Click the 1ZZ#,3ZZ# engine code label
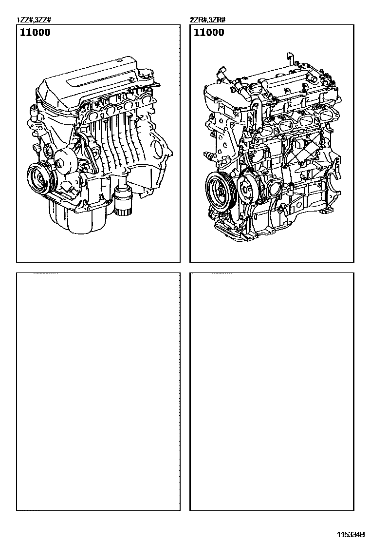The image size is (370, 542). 34,20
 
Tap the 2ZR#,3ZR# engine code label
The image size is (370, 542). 208,20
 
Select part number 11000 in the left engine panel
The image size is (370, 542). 35,33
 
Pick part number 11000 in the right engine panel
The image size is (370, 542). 209,33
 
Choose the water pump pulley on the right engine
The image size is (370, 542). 247,188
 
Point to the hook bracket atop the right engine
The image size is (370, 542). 290,59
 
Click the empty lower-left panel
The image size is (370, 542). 98,391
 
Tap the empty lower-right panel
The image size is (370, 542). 272,391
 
